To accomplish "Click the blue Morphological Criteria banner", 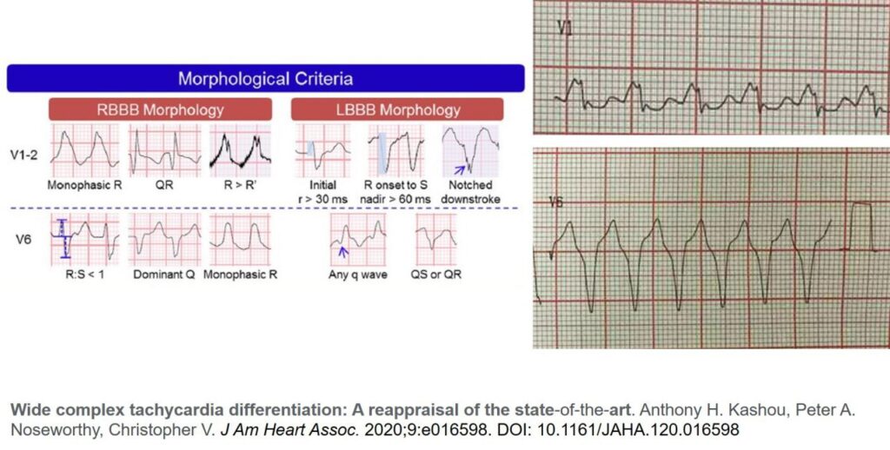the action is point(266,78).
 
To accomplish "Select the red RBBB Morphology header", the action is point(160,109).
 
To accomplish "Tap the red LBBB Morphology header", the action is point(396,109).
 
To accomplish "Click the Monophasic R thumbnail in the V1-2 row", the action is point(84,150).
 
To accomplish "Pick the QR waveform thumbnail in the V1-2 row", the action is point(164,150).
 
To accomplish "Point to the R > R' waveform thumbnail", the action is point(241,150).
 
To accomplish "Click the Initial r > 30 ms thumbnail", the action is point(322,150).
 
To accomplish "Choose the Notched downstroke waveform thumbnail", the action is point(470,150).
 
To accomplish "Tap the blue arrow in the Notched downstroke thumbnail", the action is point(460,169).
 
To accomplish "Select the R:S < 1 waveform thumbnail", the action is point(84,240).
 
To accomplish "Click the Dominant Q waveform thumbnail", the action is point(164,240).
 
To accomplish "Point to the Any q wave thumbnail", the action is point(357,240).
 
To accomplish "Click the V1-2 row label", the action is point(23,155).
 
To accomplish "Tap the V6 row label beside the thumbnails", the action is point(23,240).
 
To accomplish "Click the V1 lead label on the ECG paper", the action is point(565,28).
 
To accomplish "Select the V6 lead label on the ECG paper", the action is point(556,202).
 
